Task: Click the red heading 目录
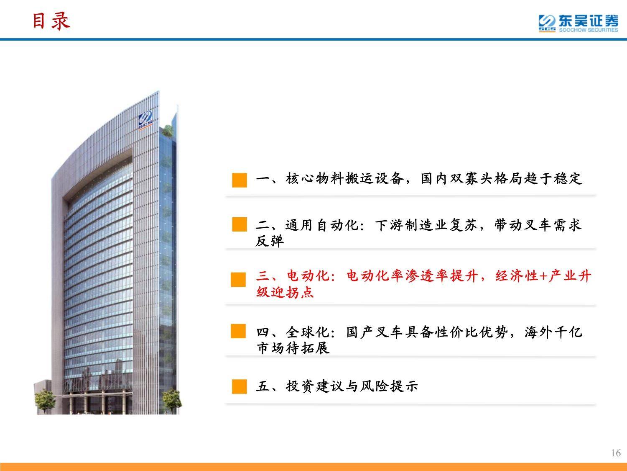51,21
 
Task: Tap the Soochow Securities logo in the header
578,23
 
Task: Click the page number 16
616,453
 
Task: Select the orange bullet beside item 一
240,180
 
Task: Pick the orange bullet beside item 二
240,224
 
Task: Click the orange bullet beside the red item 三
238,279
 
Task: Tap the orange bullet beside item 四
238,331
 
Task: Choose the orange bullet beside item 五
240,386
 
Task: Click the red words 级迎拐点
285,292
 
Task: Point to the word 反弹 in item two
269,241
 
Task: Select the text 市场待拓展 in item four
293,348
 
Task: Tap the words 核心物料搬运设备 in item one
345,178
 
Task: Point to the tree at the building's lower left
45,400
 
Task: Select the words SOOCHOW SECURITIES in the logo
589,30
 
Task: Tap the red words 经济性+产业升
543,276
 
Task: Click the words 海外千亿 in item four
553,332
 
